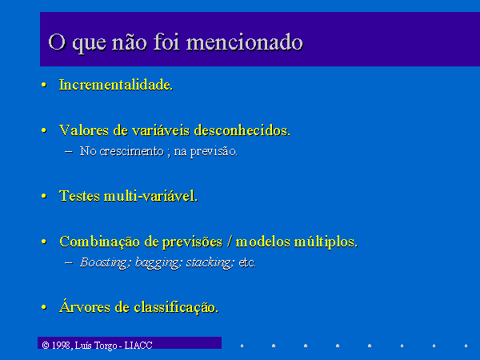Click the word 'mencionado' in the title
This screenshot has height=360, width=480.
(245, 42)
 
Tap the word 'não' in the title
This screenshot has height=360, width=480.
(130, 42)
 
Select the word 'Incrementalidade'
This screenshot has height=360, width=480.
(115, 85)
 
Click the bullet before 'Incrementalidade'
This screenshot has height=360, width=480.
(44, 85)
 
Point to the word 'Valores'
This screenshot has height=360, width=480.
(83, 130)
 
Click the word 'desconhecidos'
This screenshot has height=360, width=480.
(242, 130)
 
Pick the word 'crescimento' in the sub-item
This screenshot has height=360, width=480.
(132, 151)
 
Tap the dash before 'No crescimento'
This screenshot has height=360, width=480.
(69, 151)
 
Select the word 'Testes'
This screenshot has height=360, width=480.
(79, 196)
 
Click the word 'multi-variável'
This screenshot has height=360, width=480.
(150, 196)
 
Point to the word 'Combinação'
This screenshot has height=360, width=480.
(99, 242)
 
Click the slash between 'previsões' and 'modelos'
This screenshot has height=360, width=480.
(230, 242)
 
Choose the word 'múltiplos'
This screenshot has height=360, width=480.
(325, 242)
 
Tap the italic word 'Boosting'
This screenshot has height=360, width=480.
(104, 262)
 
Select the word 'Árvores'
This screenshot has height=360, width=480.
(85, 306)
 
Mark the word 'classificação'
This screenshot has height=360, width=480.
(175, 307)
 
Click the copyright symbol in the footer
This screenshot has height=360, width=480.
(46, 346)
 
